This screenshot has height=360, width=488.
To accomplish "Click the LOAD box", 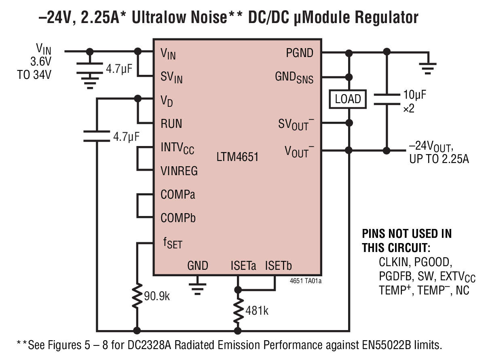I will [x=348, y=99].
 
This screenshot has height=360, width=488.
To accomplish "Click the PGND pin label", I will [x=300, y=53].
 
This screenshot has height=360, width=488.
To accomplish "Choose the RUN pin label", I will [x=171, y=123].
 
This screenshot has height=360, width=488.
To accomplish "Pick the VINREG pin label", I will [x=179, y=171].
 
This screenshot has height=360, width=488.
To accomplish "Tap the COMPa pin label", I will [x=178, y=195].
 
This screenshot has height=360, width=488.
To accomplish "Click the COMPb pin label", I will [x=178, y=218].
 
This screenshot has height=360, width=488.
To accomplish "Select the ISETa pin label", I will [x=243, y=266].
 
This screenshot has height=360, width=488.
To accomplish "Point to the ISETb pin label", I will [x=278, y=266].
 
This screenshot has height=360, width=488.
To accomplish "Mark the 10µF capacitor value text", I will [x=414, y=95].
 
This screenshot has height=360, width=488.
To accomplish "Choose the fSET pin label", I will [x=173, y=243].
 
